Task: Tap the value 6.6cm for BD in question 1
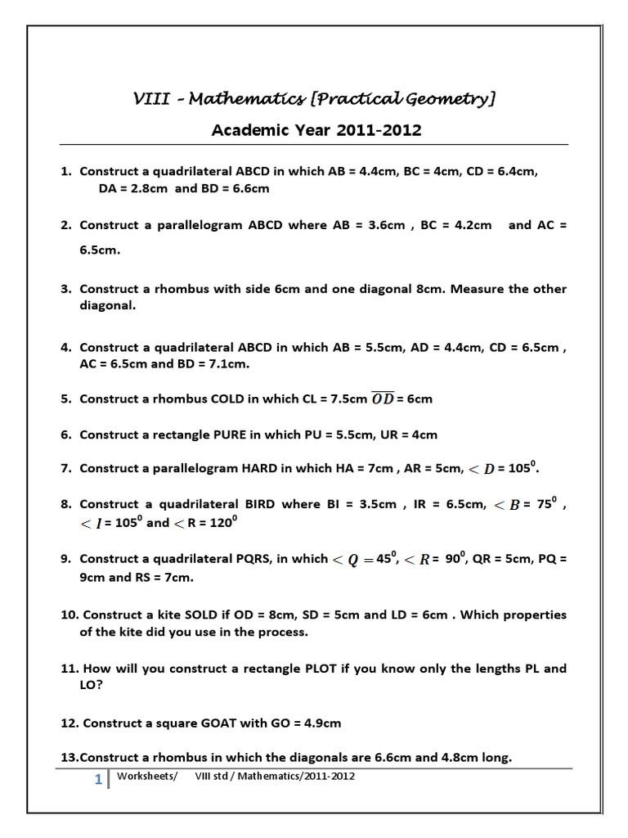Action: click(249, 188)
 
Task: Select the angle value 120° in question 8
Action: click(222, 522)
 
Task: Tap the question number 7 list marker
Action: click(65, 470)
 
